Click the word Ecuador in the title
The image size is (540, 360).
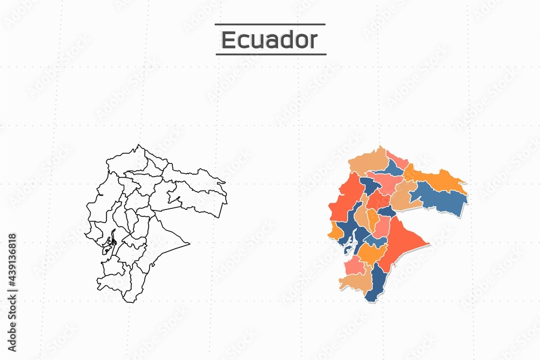tap(269, 40)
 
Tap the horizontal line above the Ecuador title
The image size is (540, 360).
tap(270, 24)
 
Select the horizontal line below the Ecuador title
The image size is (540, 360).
tap(271, 54)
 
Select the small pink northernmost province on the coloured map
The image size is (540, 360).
tap(397, 160)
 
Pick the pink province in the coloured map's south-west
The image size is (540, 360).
tap(354, 265)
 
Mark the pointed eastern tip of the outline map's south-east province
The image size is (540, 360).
tap(190, 244)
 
